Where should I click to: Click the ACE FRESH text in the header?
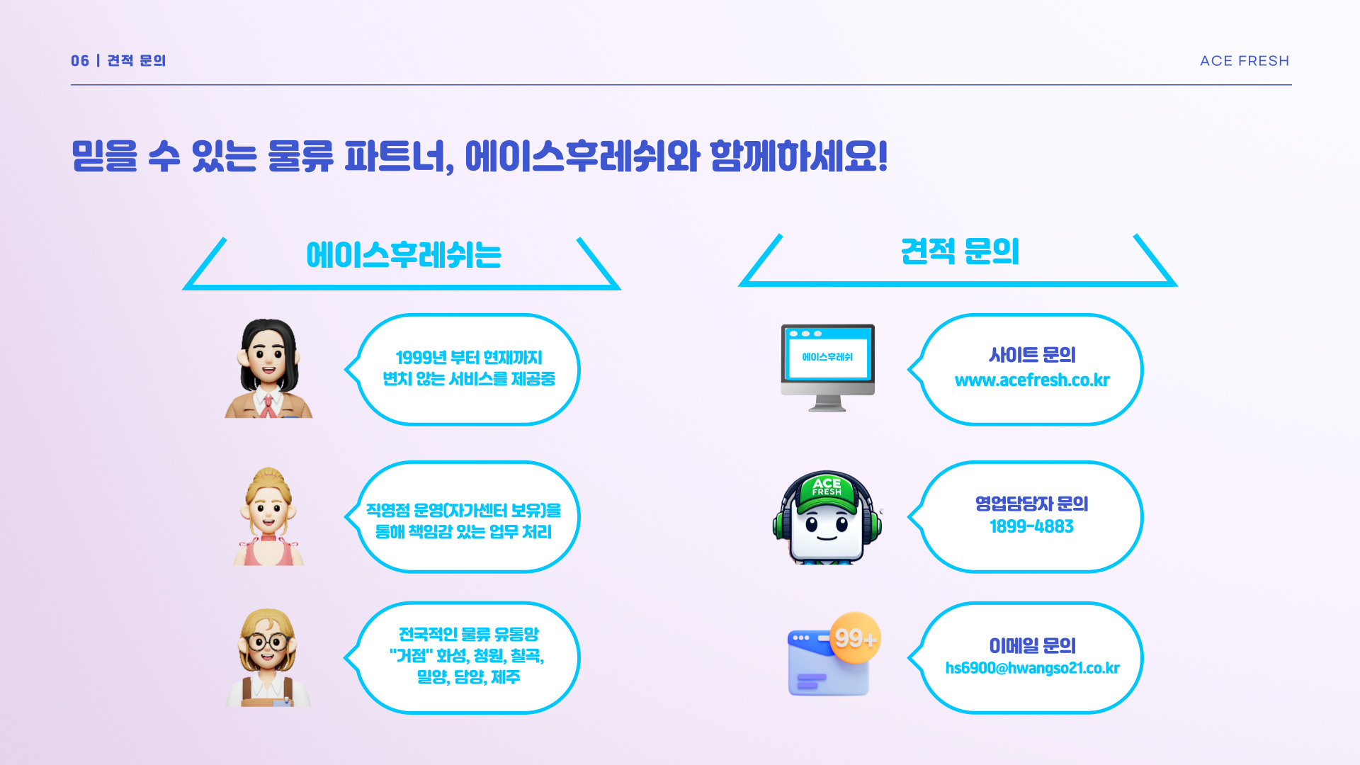point(1245,61)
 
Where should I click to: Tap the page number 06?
point(80,61)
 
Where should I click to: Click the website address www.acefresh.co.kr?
point(1032,380)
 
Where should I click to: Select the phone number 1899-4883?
point(1031,526)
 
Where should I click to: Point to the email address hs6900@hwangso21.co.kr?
point(1032,668)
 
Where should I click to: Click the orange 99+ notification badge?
point(855,638)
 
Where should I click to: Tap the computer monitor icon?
point(827,368)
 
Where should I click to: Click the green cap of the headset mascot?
point(827,491)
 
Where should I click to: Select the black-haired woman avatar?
point(268,368)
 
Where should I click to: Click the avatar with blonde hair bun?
point(268,516)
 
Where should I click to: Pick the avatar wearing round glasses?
point(268,657)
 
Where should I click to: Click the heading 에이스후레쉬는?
point(404,255)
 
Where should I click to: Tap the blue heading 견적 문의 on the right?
point(960,251)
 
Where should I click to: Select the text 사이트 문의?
point(1032,355)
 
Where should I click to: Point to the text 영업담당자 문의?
point(1031,504)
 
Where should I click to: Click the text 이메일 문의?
point(1032,646)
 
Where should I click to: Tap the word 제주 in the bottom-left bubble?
point(506,677)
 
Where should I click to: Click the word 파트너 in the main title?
point(399,157)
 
